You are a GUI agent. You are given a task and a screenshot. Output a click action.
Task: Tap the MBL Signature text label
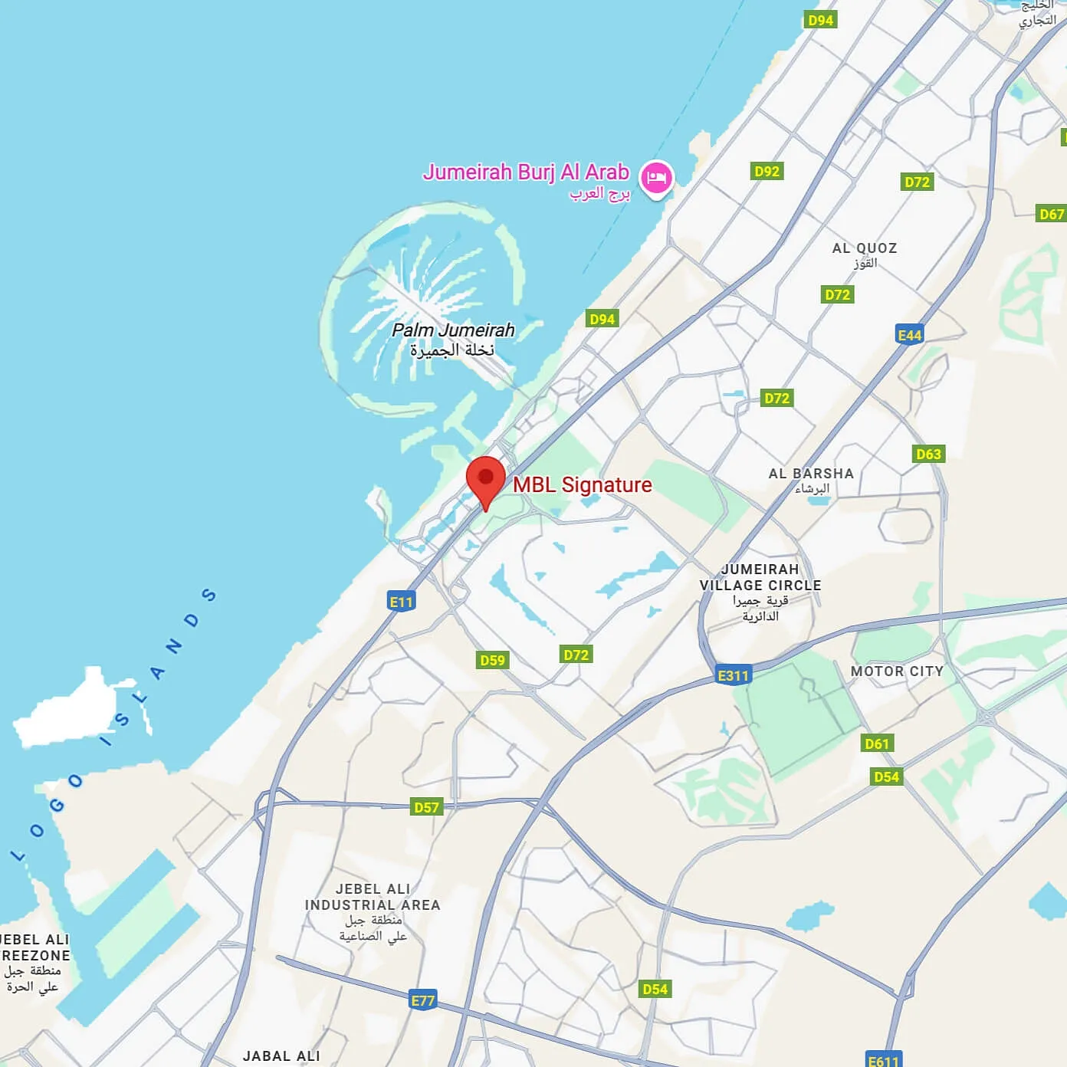pyautogui.click(x=582, y=484)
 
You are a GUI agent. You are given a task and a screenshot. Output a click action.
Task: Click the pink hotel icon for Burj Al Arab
pyautogui.click(x=656, y=178)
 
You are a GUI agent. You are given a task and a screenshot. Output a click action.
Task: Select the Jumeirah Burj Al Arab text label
pyautogui.click(x=526, y=172)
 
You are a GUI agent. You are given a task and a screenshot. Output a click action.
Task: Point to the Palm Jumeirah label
pyautogui.click(x=453, y=331)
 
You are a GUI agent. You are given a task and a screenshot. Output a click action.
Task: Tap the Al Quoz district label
pyautogui.click(x=864, y=248)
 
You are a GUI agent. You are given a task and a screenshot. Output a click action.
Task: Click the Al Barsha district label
pyautogui.click(x=811, y=474)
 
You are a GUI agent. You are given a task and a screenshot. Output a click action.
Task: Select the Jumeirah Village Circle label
pyautogui.click(x=760, y=577)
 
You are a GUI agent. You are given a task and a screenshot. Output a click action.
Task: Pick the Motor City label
pyautogui.click(x=897, y=671)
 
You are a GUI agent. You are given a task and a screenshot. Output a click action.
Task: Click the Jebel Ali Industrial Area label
pyautogui.click(x=373, y=897)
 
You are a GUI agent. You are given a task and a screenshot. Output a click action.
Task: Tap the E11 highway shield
pyautogui.click(x=401, y=602)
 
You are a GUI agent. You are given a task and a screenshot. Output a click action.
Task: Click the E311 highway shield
pyautogui.click(x=733, y=675)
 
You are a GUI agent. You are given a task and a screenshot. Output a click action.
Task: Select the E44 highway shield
pyautogui.click(x=909, y=335)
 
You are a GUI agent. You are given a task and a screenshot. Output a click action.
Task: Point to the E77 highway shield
pyautogui.click(x=422, y=1000)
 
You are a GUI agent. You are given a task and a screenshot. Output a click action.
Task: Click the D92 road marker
pyautogui.click(x=767, y=172)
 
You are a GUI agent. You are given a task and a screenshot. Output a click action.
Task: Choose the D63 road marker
pyautogui.click(x=928, y=454)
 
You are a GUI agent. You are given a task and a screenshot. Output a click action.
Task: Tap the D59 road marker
pyautogui.click(x=492, y=660)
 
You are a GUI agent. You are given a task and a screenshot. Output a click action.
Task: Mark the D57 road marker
pyautogui.click(x=426, y=807)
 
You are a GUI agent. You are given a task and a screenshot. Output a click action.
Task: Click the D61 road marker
pyautogui.click(x=876, y=744)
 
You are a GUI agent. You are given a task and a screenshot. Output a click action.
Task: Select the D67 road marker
pyautogui.click(x=1051, y=214)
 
